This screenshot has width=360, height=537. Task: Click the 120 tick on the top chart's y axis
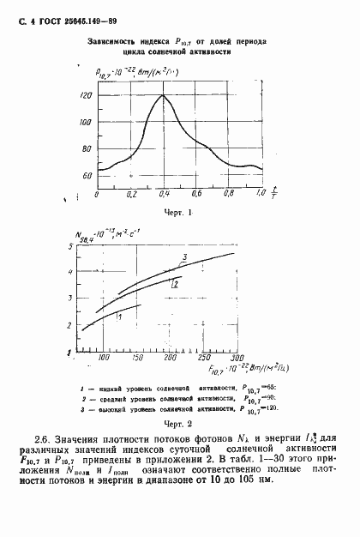(85, 96)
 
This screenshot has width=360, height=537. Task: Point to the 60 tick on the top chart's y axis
(87, 176)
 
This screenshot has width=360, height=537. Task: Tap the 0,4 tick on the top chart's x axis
(163, 196)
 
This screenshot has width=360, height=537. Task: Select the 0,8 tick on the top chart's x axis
(229, 196)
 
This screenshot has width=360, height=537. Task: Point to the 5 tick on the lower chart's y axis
(80, 248)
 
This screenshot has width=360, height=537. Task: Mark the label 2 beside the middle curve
(174, 282)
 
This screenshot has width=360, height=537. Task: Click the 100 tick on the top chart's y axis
(85, 123)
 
